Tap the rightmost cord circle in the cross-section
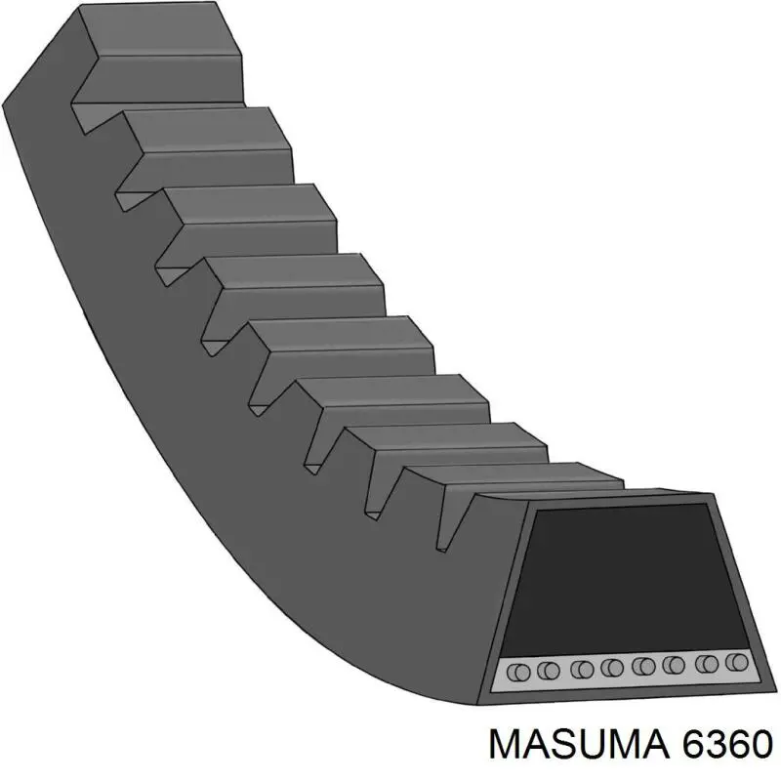(x=739, y=664)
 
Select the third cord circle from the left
(x=582, y=670)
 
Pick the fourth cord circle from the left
(x=612, y=669)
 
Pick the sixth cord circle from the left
(x=673, y=667)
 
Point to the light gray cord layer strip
(x=625, y=669)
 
